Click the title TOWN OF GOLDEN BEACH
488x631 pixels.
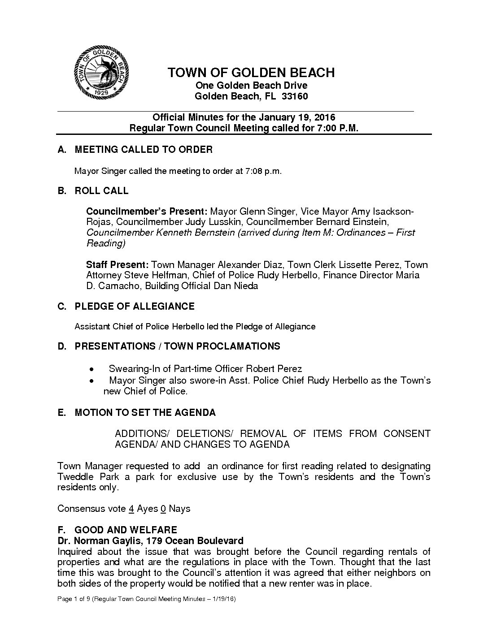251,73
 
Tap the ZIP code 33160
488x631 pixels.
295,96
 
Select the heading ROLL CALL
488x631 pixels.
101,191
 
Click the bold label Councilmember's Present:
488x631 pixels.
147,211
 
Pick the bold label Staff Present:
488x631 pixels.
117,264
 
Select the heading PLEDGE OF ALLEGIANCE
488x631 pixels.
134,307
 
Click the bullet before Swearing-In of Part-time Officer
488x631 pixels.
91,369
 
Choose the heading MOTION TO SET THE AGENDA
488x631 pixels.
145,412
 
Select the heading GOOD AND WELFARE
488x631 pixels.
126,530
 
